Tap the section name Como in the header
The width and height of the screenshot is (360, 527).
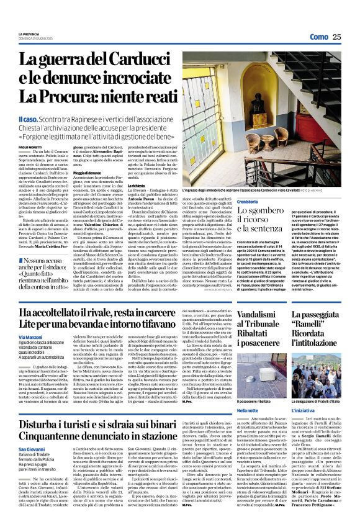pyautogui.click(x=319, y=37)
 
